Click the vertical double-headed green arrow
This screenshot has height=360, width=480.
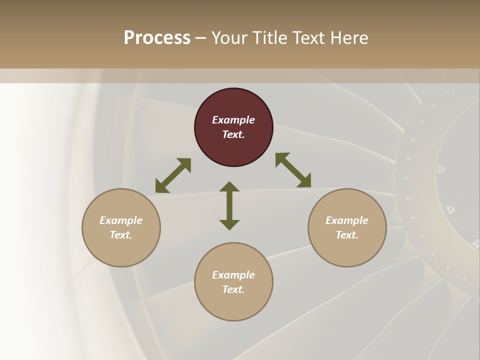229,205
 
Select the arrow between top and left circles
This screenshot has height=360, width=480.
173,175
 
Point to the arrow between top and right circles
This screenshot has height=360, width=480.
293,170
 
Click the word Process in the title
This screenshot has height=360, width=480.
157,38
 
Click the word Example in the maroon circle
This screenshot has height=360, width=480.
233,120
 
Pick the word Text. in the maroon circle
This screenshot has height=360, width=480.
233,134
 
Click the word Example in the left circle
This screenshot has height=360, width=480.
121,220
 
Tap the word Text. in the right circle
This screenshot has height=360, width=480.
347,235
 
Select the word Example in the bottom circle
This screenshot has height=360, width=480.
233,275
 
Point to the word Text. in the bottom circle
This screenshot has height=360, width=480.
233,289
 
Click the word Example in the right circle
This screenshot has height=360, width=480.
347,220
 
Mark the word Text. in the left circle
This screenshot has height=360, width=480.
121,235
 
